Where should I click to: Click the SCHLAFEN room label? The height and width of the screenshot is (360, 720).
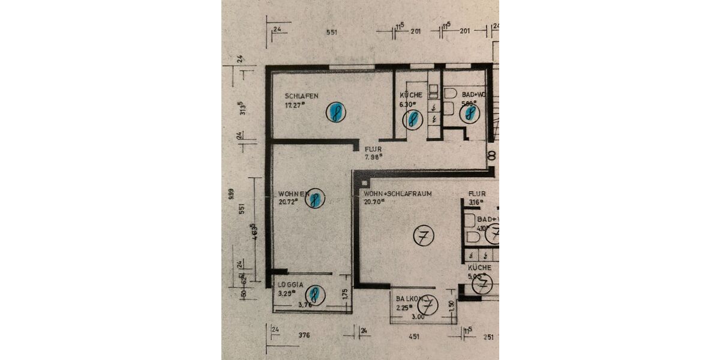302,96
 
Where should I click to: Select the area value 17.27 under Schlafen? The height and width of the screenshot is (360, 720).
295,105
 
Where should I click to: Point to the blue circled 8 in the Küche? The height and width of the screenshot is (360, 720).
412,119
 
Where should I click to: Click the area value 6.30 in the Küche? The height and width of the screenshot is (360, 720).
409,103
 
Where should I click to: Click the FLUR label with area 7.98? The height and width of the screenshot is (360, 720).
373,149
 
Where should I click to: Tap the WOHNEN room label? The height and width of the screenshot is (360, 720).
293,194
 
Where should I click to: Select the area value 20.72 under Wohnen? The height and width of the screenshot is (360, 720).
289,202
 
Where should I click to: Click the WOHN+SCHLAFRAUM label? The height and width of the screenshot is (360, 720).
398,194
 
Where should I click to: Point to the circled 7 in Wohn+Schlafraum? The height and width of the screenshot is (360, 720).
424,236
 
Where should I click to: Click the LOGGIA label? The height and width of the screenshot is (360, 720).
291,285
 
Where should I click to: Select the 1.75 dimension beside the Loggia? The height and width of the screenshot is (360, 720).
345,295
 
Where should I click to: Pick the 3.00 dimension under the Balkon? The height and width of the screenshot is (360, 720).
418,317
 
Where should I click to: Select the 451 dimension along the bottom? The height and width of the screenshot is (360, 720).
414,337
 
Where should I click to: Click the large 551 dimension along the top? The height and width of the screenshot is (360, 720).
332,32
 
